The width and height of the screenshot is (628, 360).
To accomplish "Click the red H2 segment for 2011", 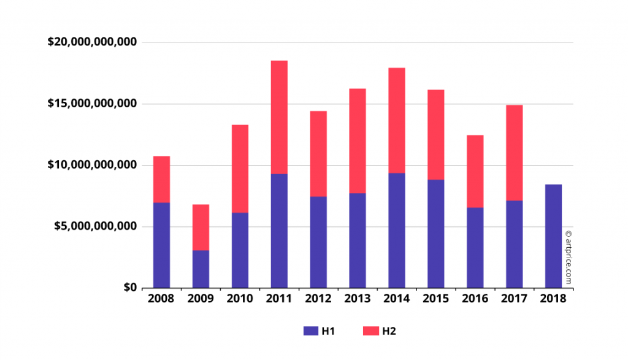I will pyautogui.click(x=279, y=117).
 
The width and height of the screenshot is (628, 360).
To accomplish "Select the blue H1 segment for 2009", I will pyautogui.click(x=201, y=269).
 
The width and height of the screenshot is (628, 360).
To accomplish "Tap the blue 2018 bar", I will pyautogui.click(x=553, y=236).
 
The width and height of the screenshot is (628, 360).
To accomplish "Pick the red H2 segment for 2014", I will pyautogui.click(x=396, y=120).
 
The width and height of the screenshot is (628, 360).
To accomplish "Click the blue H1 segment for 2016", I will pyautogui.click(x=475, y=248).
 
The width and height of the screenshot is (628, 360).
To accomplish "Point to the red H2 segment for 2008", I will pyautogui.click(x=161, y=179).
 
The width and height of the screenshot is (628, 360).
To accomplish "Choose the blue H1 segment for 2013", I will pyautogui.click(x=358, y=240).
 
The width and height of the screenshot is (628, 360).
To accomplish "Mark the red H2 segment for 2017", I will pyautogui.click(x=514, y=153).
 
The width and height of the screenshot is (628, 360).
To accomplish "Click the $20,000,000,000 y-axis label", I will pyautogui.click(x=92, y=42).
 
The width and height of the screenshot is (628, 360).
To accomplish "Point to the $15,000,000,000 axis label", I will pyautogui.click(x=92, y=104).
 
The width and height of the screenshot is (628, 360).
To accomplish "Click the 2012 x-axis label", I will pyautogui.click(x=318, y=299).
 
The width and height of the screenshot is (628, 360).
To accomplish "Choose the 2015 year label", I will pyautogui.click(x=435, y=299).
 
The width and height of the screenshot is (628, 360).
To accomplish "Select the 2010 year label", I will pyautogui.click(x=240, y=299).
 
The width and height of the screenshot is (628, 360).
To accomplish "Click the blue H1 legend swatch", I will pyautogui.click(x=310, y=331).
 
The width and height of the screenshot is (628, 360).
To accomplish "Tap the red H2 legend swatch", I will pyautogui.click(x=370, y=331).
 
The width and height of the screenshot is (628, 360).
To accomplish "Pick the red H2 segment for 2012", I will pyautogui.click(x=318, y=154).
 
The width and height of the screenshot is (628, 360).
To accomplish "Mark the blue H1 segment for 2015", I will pyautogui.click(x=435, y=234).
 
